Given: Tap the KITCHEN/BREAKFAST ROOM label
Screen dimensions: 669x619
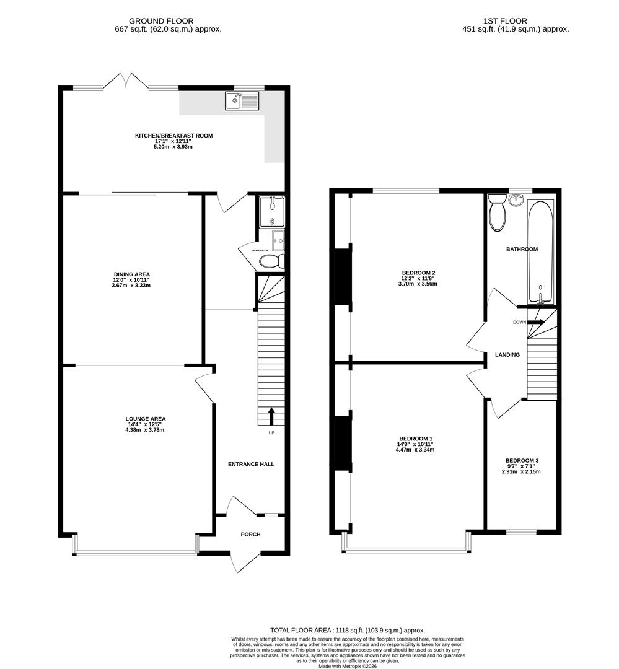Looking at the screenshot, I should pyautogui.click(x=174, y=135).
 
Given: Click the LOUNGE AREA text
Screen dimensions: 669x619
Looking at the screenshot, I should pyautogui.click(x=146, y=418).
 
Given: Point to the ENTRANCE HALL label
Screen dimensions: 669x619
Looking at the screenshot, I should pyautogui.click(x=251, y=464).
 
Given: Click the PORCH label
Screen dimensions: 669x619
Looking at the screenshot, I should pyautogui.click(x=251, y=535).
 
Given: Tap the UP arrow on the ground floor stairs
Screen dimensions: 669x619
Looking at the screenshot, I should pyautogui.click(x=271, y=416).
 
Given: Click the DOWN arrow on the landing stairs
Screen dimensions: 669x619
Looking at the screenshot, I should pyautogui.click(x=537, y=322).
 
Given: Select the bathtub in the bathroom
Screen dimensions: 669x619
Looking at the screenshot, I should pyautogui.click(x=541, y=251).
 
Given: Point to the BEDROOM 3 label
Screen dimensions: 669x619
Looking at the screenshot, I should pyautogui.click(x=522, y=460).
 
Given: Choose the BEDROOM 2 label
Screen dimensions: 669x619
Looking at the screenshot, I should pyautogui.click(x=419, y=273).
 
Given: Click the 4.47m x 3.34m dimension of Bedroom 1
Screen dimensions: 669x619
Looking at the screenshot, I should pyautogui.click(x=415, y=450).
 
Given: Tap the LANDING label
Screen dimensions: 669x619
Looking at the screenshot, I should pyautogui.click(x=507, y=354).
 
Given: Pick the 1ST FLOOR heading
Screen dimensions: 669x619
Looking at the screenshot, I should pyautogui.click(x=515, y=20).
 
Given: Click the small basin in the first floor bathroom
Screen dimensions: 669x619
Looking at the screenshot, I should pyautogui.click(x=516, y=199).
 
